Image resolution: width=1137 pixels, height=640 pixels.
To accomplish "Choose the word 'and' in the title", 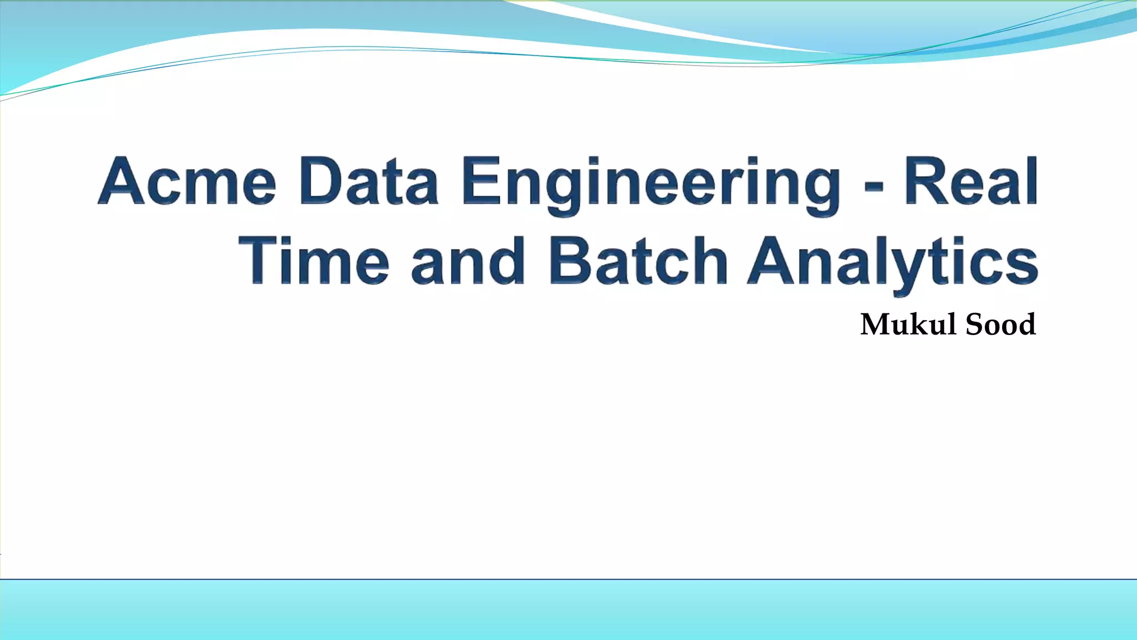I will coord(467,260).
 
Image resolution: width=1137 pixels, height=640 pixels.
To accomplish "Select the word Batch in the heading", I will coord(638,260).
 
